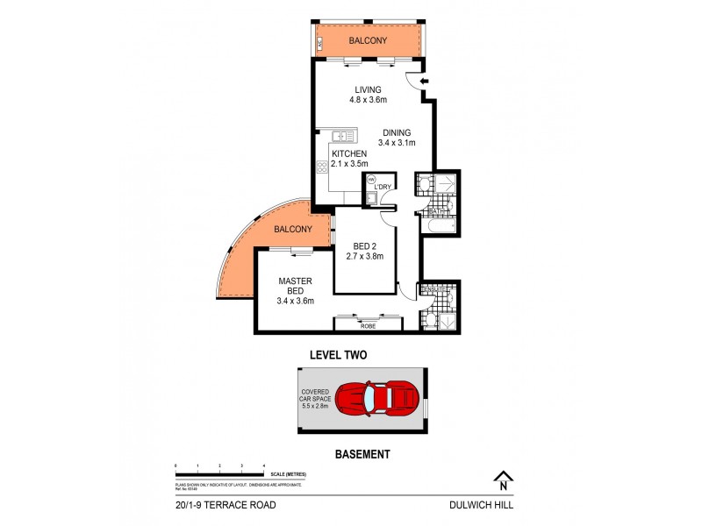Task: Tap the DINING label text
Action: pyautogui.click(x=396, y=132)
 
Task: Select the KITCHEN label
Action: pyautogui.click(x=348, y=153)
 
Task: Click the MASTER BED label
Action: pyautogui.click(x=290, y=287)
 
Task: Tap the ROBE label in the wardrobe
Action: pyautogui.click(x=369, y=325)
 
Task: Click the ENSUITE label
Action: pyautogui.click(x=430, y=290)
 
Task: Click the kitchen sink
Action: pyautogui.click(x=344, y=136)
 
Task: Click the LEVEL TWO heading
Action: pyautogui.click(x=338, y=355)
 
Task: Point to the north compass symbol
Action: pyautogui.click(x=503, y=480)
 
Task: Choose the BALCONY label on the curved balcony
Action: pyautogui.click(x=292, y=229)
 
